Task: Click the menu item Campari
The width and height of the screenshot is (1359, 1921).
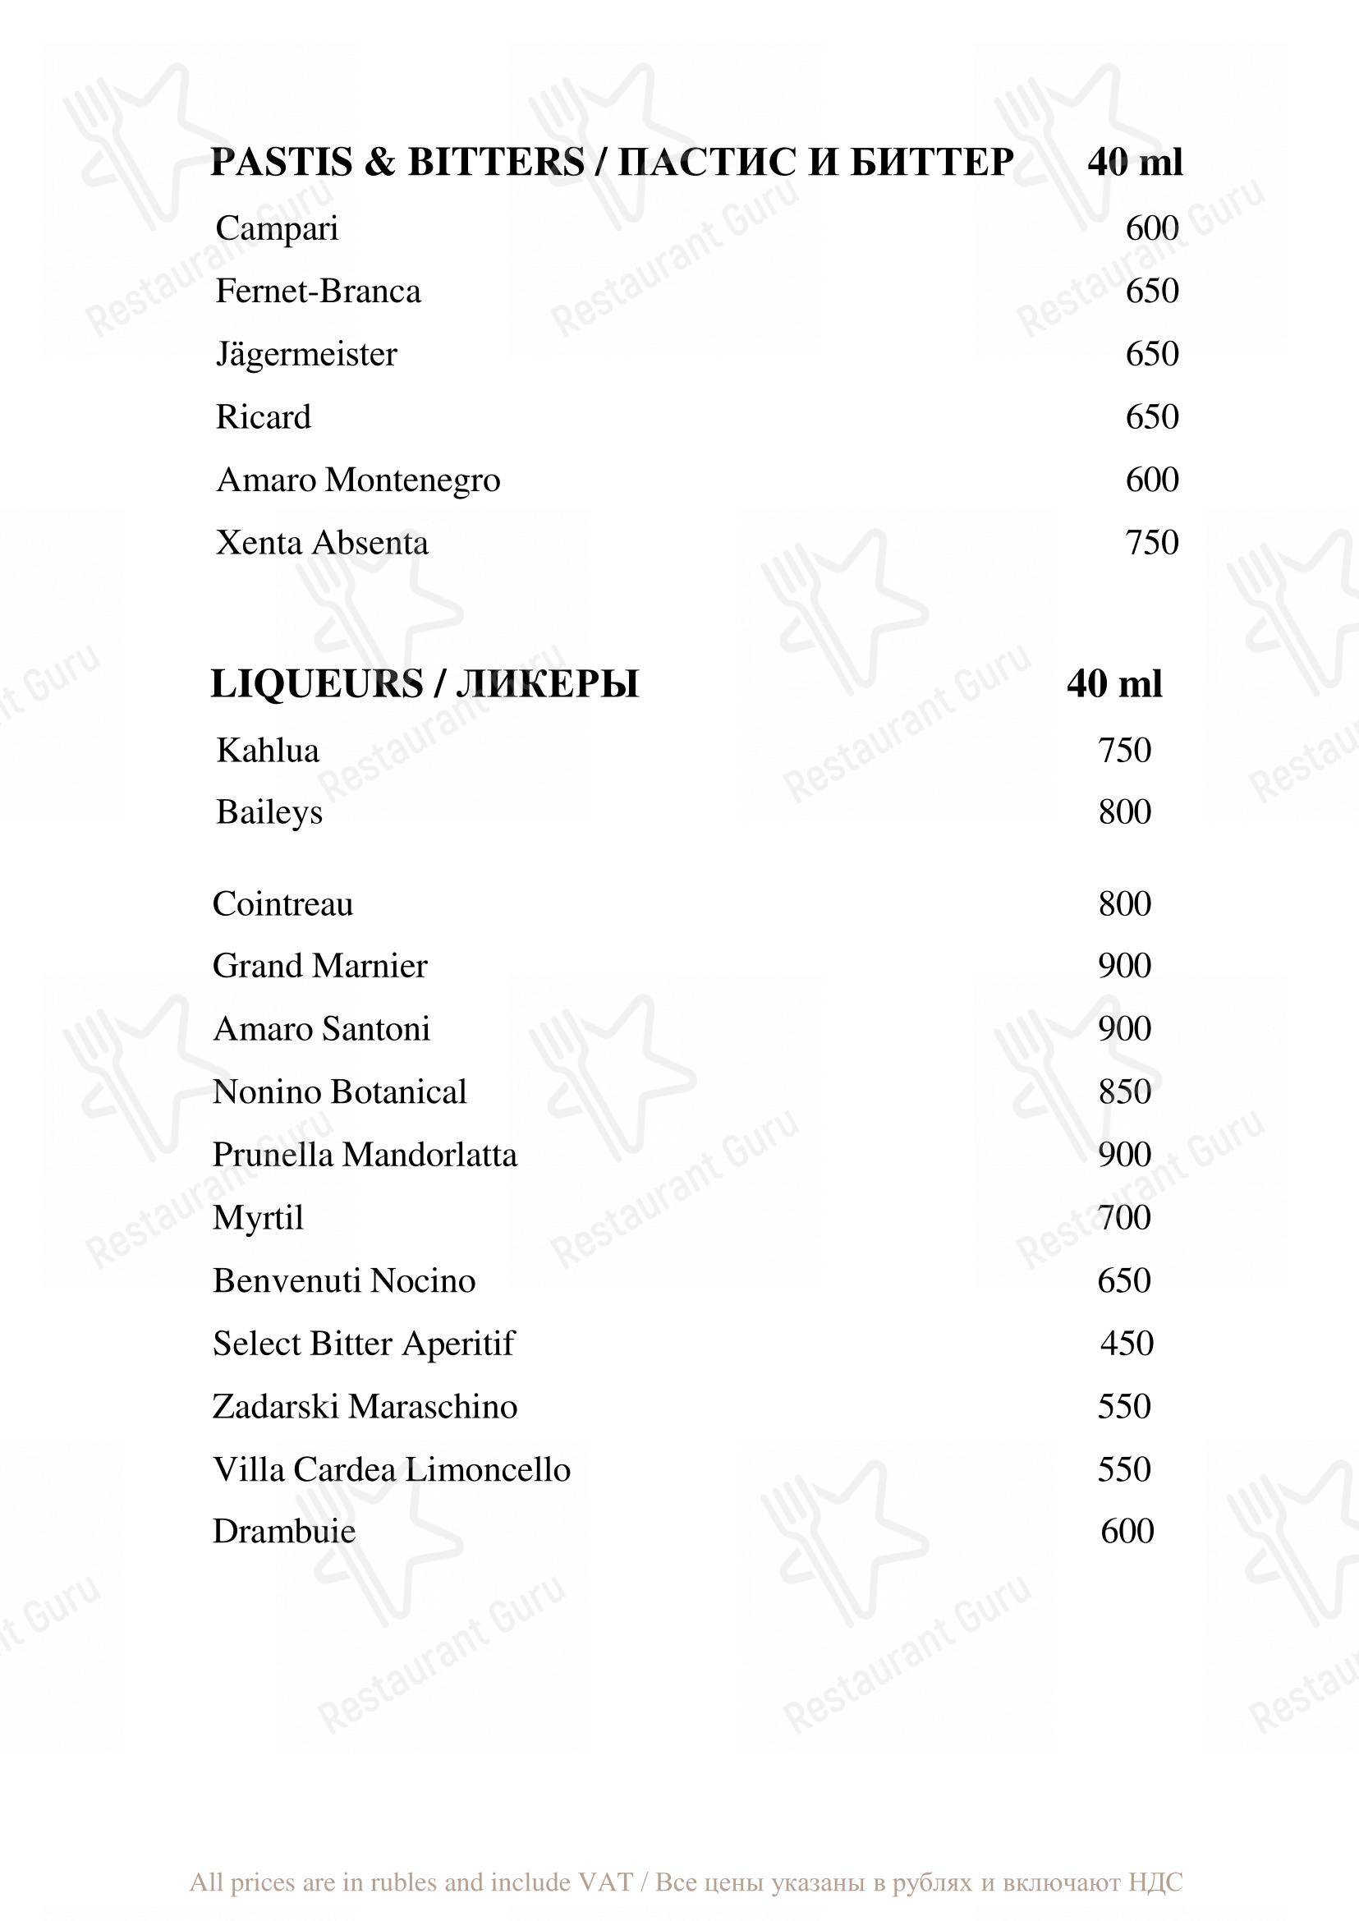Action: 277,228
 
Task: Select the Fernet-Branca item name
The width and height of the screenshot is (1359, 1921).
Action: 318,292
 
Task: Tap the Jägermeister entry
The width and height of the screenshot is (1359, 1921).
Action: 306,354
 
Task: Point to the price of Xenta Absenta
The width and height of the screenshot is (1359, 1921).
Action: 1151,542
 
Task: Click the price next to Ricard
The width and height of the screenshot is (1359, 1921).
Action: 1151,417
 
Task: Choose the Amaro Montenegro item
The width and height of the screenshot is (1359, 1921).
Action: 358,480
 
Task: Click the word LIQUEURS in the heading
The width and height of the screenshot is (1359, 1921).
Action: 316,684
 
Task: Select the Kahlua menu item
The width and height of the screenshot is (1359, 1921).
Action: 268,750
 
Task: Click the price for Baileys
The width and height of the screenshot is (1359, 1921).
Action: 1125,812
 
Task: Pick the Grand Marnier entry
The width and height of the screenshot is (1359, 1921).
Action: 319,966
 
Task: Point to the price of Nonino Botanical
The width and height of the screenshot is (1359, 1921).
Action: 1125,1091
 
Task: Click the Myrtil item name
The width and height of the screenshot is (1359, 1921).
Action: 258,1218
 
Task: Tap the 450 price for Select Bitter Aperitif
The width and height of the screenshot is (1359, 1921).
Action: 1127,1344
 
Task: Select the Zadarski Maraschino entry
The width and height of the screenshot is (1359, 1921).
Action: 365,1406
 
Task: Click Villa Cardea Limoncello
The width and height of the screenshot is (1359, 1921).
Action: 392,1470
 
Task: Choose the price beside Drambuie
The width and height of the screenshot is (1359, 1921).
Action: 1127,1532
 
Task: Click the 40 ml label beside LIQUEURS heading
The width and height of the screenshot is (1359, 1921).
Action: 1113,684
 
